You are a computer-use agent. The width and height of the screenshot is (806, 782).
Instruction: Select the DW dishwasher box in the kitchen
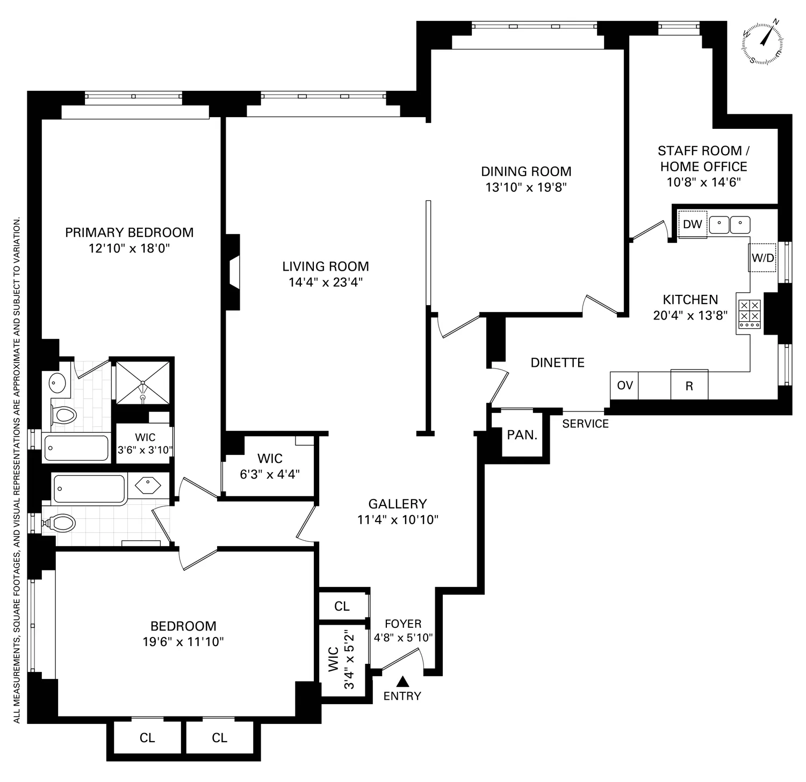click(x=693, y=224)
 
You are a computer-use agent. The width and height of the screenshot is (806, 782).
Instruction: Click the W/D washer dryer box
click(x=763, y=258)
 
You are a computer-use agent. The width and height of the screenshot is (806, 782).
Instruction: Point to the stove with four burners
click(x=749, y=314)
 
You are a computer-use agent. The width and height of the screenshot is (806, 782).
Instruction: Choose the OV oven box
click(x=624, y=386)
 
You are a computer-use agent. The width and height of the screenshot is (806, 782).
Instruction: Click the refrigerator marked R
click(x=689, y=386)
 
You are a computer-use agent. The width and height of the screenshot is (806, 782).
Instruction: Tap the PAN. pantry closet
click(x=522, y=435)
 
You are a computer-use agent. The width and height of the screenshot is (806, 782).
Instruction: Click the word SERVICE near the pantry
click(x=585, y=424)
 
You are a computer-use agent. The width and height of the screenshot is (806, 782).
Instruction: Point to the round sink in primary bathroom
click(x=56, y=383)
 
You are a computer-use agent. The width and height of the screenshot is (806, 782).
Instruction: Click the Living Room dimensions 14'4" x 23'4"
click(x=326, y=283)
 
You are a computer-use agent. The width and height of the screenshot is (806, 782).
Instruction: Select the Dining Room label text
click(x=526, y=171)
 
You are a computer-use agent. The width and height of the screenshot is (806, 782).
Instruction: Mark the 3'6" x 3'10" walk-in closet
click(x=145, y=444)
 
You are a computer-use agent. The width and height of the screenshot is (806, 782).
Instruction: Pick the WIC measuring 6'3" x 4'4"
click(x=270, y=466)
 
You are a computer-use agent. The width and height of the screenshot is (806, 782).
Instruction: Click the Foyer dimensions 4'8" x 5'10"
click(x=403, y=638)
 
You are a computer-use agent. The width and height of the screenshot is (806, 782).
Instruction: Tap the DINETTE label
click(x=557, y=363)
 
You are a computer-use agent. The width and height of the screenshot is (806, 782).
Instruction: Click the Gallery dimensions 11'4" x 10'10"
click(x=398, y=519)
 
